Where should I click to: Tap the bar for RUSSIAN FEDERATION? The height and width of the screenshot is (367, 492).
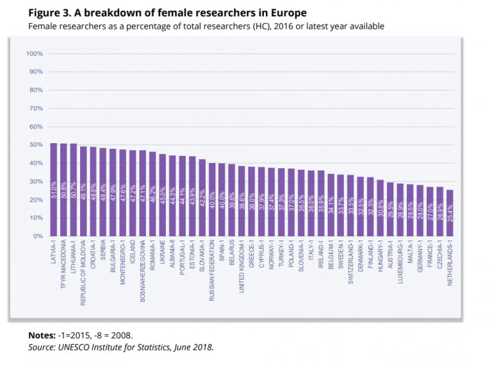tap(212, 200)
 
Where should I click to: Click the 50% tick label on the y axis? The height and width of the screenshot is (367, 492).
tap(34, 145)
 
